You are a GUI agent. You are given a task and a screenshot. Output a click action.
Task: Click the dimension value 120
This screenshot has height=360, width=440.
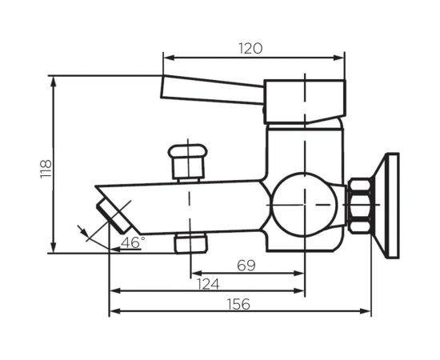tap(250, 48)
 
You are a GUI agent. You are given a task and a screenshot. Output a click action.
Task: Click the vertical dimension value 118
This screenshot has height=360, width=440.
tap(46, 168)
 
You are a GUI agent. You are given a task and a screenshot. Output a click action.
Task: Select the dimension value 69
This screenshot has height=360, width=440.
tap(246, 265)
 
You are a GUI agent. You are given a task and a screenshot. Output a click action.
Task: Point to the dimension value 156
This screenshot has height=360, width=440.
tap(238, 304)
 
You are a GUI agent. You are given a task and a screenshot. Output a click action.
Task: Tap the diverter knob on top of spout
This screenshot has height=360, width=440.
tap(190, 162)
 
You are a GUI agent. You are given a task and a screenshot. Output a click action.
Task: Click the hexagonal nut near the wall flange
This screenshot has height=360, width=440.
tap(361, 206)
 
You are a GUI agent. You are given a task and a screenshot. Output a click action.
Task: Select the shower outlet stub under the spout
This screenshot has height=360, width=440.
tap(190, 242)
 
